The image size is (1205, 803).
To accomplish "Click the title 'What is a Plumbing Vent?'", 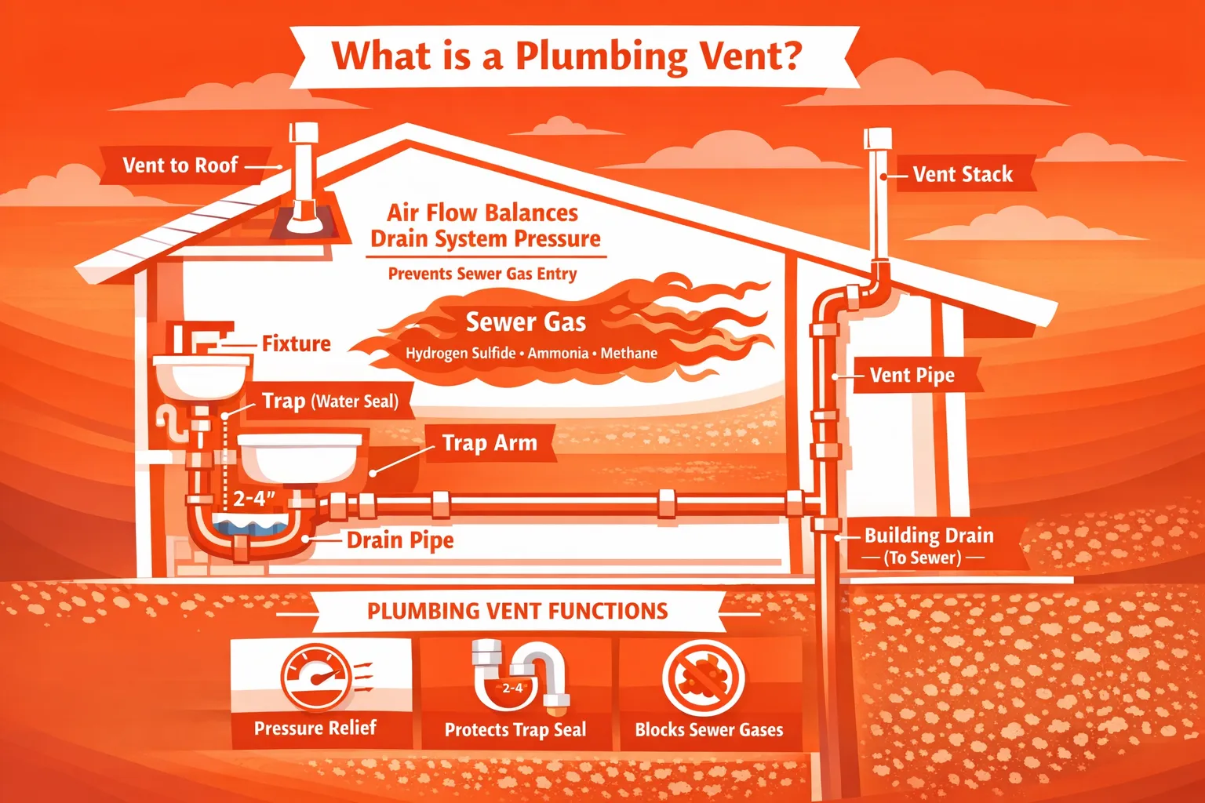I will coord(566,56).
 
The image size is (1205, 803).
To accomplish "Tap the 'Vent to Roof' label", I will coord(180,165).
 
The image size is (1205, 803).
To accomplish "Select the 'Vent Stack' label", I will coord(963,174).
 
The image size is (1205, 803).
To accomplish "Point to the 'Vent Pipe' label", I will coord(912,376).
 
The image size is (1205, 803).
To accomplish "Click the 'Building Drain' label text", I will coord(929,536).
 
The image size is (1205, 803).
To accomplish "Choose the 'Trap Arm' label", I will coord(490,443).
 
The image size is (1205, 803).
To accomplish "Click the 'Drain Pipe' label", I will coord(400,540).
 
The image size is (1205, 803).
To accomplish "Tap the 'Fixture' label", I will coord(296,343).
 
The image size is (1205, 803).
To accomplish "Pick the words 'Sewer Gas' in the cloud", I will coord(526,322).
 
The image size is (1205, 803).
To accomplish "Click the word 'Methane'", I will coord(629,354).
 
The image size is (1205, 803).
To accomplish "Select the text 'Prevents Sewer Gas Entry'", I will coord(482,274).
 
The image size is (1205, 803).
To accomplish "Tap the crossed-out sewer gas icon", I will coord(703,678).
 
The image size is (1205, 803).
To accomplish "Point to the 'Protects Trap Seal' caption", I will coord(515,730).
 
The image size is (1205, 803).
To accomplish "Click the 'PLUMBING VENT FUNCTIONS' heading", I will coord(517,611).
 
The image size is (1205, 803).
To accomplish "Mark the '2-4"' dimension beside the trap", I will coord(254,499).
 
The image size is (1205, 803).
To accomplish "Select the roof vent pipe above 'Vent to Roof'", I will coord(303,169).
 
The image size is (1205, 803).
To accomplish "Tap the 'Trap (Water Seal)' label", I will coord(329,401).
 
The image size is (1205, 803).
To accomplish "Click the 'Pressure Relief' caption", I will coord(315,728).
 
